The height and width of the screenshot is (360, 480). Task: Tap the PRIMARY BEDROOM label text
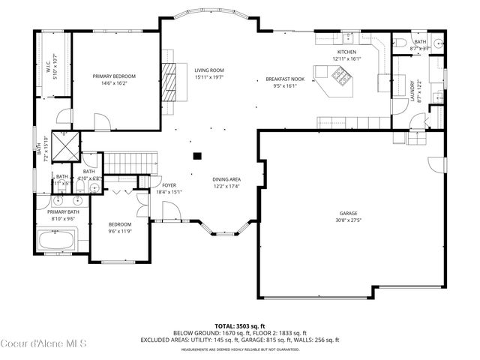click(x=114, y=76)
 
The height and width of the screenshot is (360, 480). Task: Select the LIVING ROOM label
click(x=209, y=70)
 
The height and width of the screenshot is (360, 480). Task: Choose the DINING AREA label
click(x=226, y=179)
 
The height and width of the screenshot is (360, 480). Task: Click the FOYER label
click(x=169, y=185)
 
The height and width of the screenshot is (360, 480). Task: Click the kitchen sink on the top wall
click(x=349, y=37)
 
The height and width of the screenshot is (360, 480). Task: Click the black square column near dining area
click(x=197, y=156)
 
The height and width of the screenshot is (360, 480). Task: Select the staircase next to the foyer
click(x=132, y=161)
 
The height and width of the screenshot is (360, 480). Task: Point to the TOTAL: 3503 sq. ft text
click(x=239, y=326)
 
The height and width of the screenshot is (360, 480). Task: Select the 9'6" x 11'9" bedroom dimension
click(x=120, y=231)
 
